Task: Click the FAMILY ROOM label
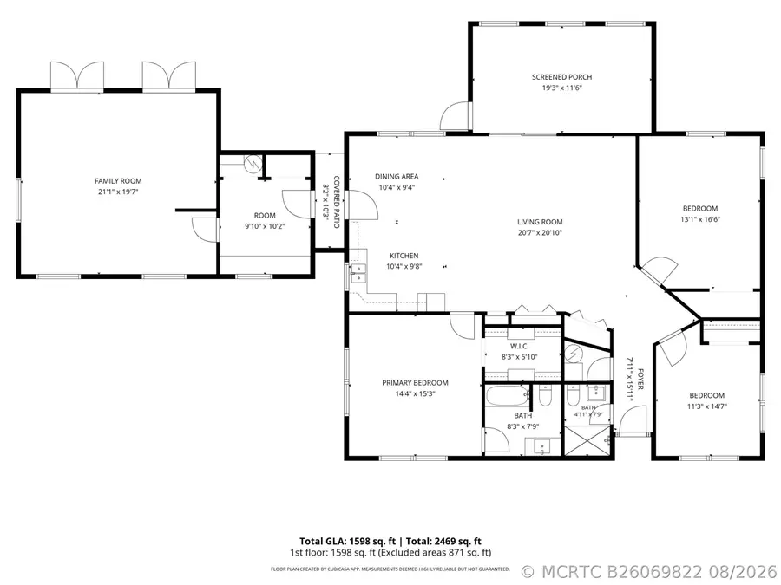(118, 181)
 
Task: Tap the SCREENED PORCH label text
(561, 77)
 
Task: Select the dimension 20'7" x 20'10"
(540, 232)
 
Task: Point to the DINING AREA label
(397, 176)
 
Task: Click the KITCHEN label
(404, 256)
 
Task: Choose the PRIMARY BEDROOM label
(415, 382)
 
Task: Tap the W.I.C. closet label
(519, 346)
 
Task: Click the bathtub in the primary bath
(507, 397)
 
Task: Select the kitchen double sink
(358, 273)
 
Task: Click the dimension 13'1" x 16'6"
(700, 219)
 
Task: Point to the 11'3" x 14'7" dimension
(706, 406)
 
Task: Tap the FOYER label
(640, 379)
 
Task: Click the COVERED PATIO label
(336, 201)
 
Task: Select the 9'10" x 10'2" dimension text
(265, 226)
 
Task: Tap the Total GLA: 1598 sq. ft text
(347, 541)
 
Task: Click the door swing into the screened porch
(456, 116)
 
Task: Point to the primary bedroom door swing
(463, 327)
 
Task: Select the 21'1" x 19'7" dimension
(118, 192)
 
